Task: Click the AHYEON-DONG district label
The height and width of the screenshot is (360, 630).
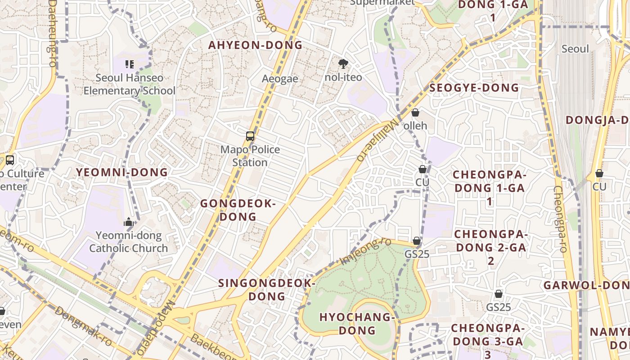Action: pos(255,45)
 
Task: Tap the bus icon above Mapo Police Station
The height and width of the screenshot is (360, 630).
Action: pos(250,136)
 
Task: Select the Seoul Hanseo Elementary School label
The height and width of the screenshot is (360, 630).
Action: pos(130,84)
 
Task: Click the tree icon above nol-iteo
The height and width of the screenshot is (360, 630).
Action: pos(343,63)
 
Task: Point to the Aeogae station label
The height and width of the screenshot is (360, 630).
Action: pos(280,79)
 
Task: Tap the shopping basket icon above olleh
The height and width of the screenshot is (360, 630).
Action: pos(415,112)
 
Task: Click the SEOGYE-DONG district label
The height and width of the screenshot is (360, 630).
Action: pos(474,88)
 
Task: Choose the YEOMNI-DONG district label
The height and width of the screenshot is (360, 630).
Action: pos(122,172)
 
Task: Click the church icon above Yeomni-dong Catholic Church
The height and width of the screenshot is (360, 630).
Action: pos(129,222)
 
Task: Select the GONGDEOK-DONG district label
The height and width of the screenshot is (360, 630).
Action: pos(238,210)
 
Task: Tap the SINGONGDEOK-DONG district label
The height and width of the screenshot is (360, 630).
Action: pos(267,290)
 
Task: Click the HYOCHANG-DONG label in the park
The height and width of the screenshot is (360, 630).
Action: pos(357,324)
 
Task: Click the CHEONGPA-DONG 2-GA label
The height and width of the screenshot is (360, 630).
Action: pos(490,247)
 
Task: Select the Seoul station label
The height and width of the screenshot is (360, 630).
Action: pos(575,49)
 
